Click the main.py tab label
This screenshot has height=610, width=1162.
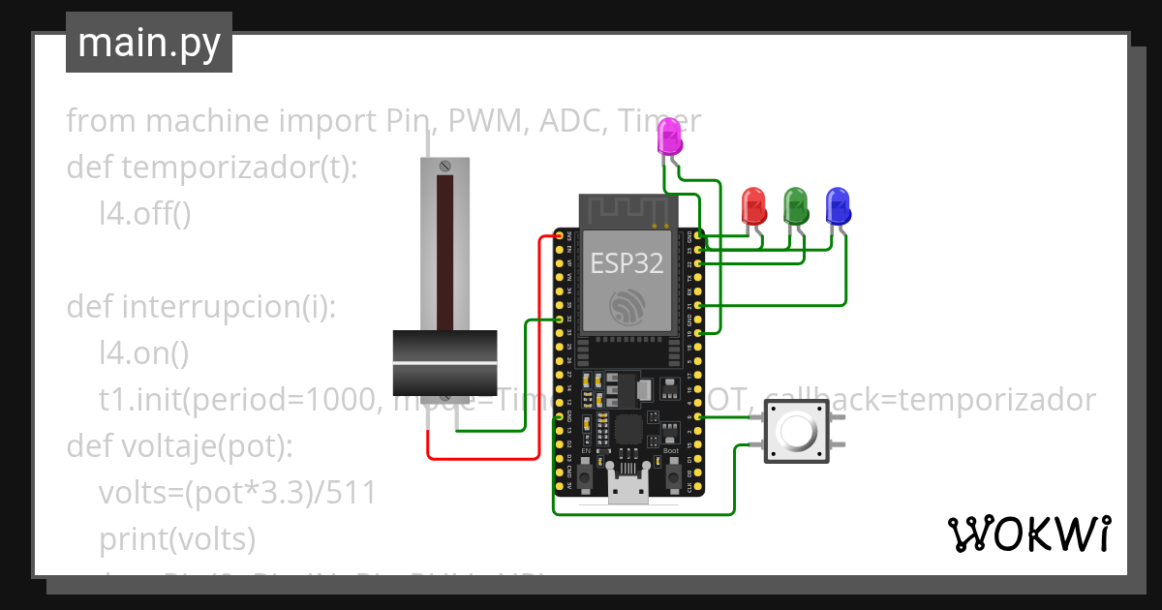(x=148, y=43)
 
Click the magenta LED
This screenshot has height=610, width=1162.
(x=669, y=137)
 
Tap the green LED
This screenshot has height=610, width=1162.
(x=796, y=204)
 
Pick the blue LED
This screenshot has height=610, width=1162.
(x=838, y=204)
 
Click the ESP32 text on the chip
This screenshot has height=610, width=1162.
(x=627, y=263)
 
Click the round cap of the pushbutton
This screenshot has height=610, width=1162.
(x=798, y=432)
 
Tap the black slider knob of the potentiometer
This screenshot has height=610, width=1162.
(x=444, y=361)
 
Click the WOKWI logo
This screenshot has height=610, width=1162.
(x=1028, y=534)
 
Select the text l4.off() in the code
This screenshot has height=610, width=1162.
(x=145, y=214)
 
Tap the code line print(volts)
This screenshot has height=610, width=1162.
(x=177, y=537)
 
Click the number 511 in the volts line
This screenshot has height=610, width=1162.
(x=350, y=493)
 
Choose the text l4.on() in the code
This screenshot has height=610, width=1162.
(x=144, y=353)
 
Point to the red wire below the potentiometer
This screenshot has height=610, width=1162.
(x=484, y=457)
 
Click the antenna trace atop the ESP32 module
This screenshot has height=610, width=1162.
(x=627, y=208)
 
